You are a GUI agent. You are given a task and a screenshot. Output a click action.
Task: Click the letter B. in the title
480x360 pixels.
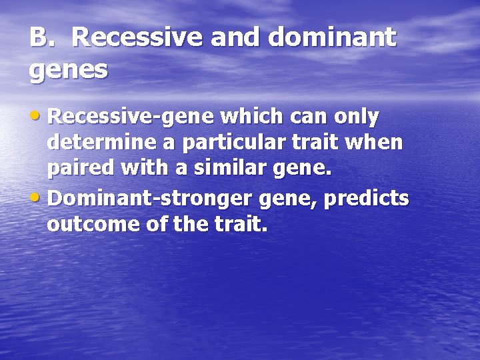(x=41, y=38)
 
